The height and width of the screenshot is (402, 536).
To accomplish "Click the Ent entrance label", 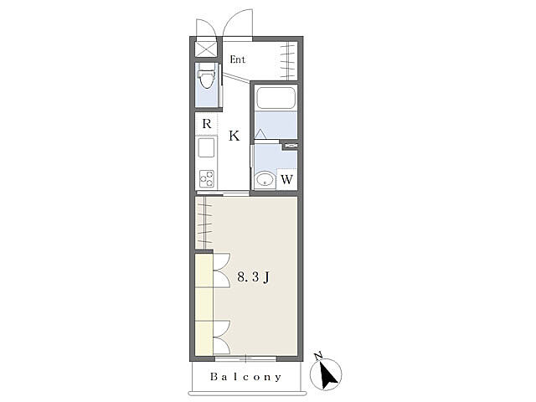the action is pos(237,59).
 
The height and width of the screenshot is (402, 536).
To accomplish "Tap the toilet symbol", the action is pos(206,78).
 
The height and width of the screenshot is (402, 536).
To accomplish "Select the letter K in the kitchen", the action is pos(234,136).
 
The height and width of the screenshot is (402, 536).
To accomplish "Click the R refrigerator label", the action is pos(207,123).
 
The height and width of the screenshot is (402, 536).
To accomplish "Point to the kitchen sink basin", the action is pos(207,147).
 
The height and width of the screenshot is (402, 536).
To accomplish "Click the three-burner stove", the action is pos(207,178).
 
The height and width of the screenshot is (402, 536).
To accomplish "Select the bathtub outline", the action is pos(276,98).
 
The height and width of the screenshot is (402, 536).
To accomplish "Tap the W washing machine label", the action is pos(286,179).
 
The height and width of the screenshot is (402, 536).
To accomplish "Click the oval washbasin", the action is pos(265,180).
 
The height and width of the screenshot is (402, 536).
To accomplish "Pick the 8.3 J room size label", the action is pos(254,277).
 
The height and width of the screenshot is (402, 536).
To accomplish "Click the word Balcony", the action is pos(245,377).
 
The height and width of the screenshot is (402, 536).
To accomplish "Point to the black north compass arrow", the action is pos(327,374).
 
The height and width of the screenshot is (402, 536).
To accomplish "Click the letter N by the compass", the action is pos(318,355).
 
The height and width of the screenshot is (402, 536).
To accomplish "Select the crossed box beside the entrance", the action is pos(206,49).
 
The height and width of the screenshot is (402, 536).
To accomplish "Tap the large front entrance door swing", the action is pos(238,23).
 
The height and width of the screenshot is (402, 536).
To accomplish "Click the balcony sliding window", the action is pos(245,358).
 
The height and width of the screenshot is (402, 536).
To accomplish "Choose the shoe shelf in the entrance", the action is pos(287,60).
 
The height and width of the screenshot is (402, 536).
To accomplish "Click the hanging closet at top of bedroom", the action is pos(204,223).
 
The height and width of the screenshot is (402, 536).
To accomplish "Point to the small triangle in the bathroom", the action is pos(260,134).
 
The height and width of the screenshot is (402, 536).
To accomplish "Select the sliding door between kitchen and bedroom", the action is pos(223,193).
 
